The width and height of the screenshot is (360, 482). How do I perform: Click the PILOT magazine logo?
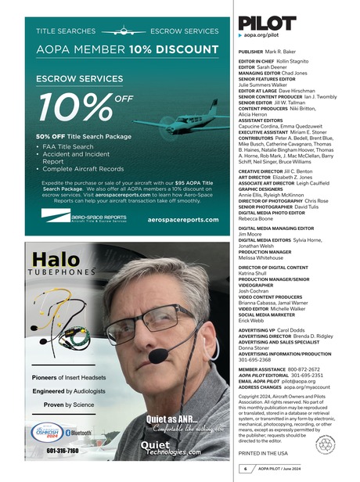pyautogui.click(x=267, y=22)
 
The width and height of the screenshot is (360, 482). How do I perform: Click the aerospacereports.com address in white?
pyautogui.click(x=182, y=220)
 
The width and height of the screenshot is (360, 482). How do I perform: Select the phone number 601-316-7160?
pyautogui.click(x=62, y=451)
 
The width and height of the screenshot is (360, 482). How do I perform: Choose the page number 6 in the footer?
pyautogui.click(x=243, y=468)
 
